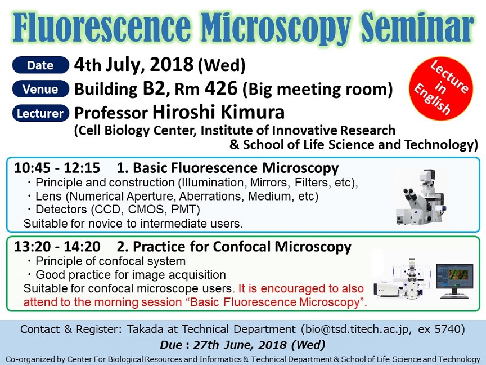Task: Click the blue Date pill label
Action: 40,65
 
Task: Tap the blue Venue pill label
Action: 40,89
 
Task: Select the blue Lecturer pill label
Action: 40,113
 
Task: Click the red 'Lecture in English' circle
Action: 441,88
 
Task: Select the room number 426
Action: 221,88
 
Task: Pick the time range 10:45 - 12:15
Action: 57,168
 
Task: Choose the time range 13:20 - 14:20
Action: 57,247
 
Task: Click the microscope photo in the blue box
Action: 422,197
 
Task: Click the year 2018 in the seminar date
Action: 172,65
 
